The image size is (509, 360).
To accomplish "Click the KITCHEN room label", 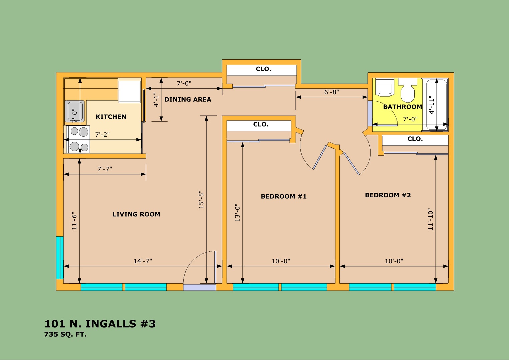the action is pyautogui.click(x=111, y=117).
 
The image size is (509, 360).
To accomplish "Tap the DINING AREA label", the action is pyautogui.click(x=188, y=100).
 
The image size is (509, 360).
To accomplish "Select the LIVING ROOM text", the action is pyautogui.click(x=136, y=214).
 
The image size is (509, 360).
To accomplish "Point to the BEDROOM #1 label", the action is pyautogui.click(x=284, y=196).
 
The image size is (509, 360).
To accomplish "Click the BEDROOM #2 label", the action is pyautogui.click(x=388, y=195).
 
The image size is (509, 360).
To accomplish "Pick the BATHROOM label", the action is pyautogui.click(x=402, y=107).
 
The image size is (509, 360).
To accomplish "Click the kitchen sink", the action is pyautogui.click(x=75, y=111).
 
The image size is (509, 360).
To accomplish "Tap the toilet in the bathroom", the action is pyautogui.click(x=408, y=90).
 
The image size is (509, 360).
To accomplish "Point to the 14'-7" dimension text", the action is pyautogui.click(x=143, y=261).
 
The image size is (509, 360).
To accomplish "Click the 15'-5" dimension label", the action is pyautogui.click(x=201, y=200).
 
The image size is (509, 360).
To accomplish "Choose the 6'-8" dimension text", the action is pyautogui.click(x=331, y=92).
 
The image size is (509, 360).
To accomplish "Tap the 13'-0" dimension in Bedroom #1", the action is pyautogui.click(x=237, y=213).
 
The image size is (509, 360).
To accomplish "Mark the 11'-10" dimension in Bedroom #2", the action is pyautogui.click(x=431, y=219).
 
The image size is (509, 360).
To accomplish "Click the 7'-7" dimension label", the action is pyautogui.click(x=105, y=169).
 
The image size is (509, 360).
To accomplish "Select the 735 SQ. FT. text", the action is pyautogui.click(x=65, y=334).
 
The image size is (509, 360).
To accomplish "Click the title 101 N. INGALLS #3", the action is pyautogui.click(x=100, y=324).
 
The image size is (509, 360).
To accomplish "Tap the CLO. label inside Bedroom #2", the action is pyautogui.click(x=415, y=139).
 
